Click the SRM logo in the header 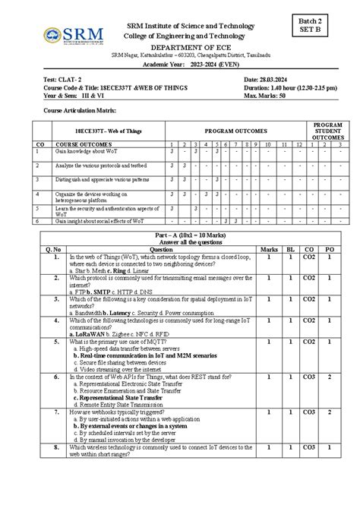click(x=68, y=37)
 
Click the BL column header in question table click(x=290, y=249)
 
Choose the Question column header click(x=161, y=249)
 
